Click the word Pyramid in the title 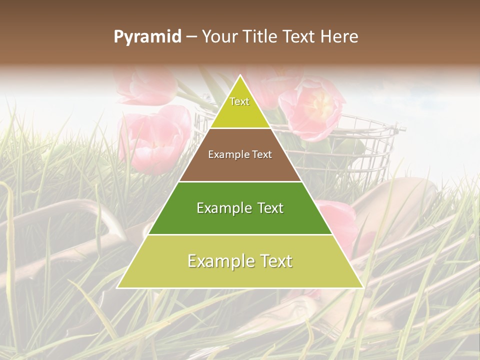[147, 37]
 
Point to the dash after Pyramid [191, 37]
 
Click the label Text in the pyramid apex [239, 101]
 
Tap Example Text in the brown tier [240, 154]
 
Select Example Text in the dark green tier [240, 208]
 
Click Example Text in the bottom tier [240, 261]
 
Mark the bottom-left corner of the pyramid [117, 287]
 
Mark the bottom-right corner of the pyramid [362, 287]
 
